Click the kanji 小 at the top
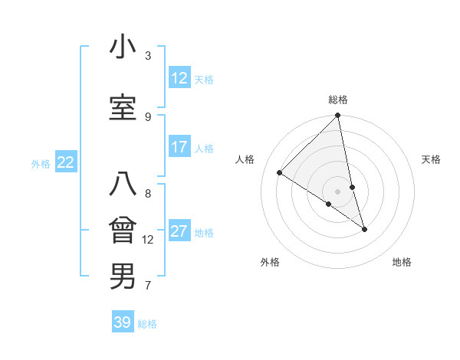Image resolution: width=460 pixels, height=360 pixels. pos(122,47)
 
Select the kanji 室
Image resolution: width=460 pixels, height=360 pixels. pos(122,107)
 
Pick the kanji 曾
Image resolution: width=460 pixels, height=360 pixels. pos(122,231)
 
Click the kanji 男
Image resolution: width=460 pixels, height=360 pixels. pos(122,276)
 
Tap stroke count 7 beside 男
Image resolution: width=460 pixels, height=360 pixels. pos(148,286)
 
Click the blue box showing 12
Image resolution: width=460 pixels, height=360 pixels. pos(179,78)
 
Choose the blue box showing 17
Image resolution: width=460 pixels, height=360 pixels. pos(179,147)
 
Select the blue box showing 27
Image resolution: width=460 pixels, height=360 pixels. pos(179,232)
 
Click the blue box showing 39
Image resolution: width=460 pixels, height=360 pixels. pos(123,322)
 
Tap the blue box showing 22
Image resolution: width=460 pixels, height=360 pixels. pos(66,162)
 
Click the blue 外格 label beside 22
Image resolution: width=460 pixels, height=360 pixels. pos(41,163)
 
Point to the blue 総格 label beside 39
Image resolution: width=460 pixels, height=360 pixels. pos(147,324)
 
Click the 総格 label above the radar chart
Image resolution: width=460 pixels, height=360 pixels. pos(338,100)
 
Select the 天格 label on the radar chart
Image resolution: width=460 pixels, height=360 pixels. pos(432,159)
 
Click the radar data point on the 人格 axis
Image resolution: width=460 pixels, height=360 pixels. pos(280,173)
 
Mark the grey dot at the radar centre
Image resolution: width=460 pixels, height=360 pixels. pos(338,191)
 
